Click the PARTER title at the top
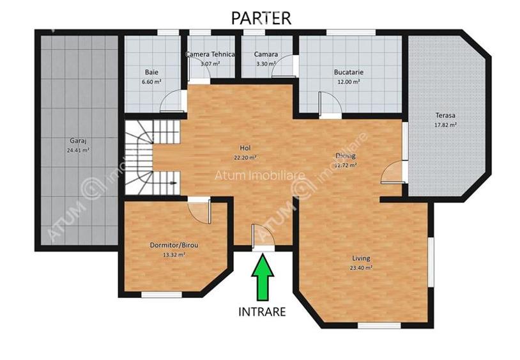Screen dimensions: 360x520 [x=261, y=18]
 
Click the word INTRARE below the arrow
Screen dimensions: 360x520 [x=262, y=313]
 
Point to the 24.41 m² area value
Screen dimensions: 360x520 [x=79, y=150]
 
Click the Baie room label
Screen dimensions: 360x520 [x=152, y=72]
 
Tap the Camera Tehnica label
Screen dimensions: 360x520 [x=210, y=55]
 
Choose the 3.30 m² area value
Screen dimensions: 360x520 [x=266, y=64]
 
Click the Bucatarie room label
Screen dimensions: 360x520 [x=349, y=72]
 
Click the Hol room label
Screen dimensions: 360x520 [x=245, y=148]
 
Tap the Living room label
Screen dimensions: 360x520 [x=361, y=258]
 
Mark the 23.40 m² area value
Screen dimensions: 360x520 [x=361, y=268]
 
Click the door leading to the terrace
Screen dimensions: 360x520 [x=394, y=173]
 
